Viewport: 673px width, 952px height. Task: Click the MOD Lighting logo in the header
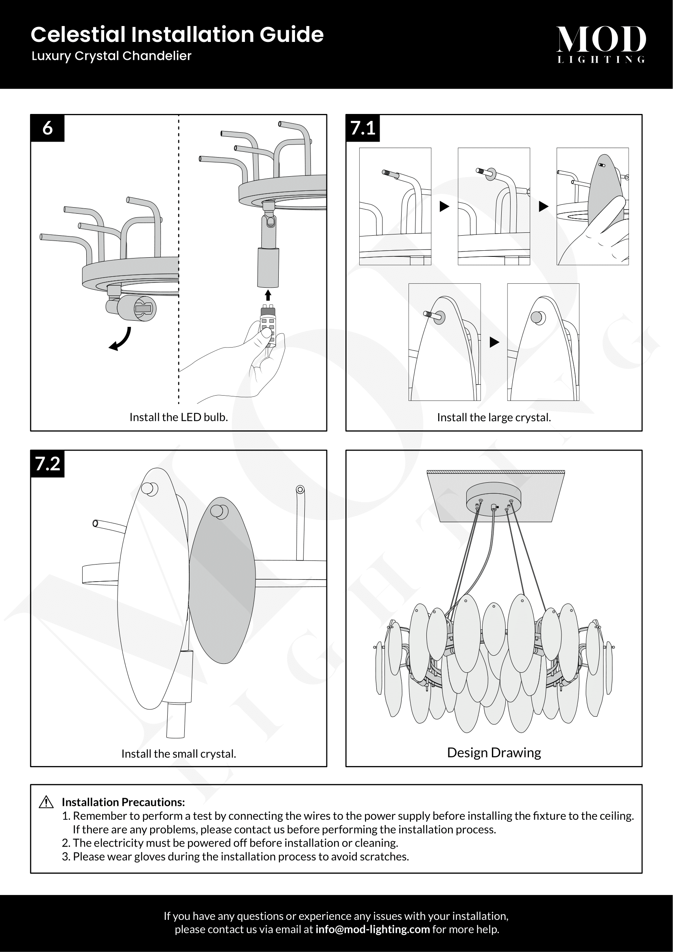click(x=601, y=44)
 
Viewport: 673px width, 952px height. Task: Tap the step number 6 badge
click(x=47, y=128)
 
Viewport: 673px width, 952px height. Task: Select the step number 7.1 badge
click(x=363, y=128)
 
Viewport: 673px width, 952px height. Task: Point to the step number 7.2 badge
click(x=47, y=464)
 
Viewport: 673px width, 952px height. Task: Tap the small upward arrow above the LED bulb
click(x=268, y=295)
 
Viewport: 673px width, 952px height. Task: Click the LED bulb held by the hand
click(x=268, y=326)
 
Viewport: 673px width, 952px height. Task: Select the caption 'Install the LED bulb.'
click(x=179, y=417)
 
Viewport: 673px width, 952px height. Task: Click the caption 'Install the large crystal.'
click(x=494, y=418)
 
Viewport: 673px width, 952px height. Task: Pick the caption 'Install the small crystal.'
click(x=179, y=754)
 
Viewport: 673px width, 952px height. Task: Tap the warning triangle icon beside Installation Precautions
click(x=46, y=803)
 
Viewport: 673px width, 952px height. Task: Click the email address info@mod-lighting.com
click(x=372, y=929)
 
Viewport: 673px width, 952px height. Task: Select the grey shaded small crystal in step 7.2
click(x=222, y=580)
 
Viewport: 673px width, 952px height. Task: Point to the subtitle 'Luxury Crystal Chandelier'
click(x=111, y=56)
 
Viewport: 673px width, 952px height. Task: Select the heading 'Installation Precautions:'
click(x=123, y=802)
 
